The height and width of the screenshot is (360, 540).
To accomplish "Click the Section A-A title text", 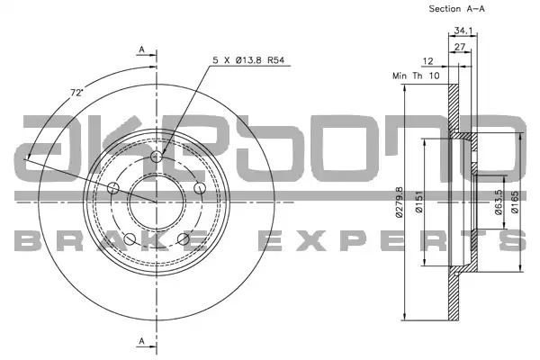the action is pos(456,9).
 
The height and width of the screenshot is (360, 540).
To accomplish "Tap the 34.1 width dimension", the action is pos(463,31).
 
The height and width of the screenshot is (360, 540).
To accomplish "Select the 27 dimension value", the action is pos(460,47).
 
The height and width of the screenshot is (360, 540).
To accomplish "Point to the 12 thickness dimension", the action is pos(427,61).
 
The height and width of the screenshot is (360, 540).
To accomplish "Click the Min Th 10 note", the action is pos(416,76).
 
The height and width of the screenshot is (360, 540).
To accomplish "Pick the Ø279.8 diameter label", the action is pos(399,202).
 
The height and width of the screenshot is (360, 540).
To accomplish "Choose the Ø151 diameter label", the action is pos(418,202).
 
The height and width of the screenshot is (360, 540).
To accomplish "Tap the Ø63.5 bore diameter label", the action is pos(499,202).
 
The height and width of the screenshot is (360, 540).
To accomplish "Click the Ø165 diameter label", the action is pos(515,202).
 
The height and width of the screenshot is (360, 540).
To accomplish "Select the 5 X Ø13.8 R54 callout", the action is pos(248,60).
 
